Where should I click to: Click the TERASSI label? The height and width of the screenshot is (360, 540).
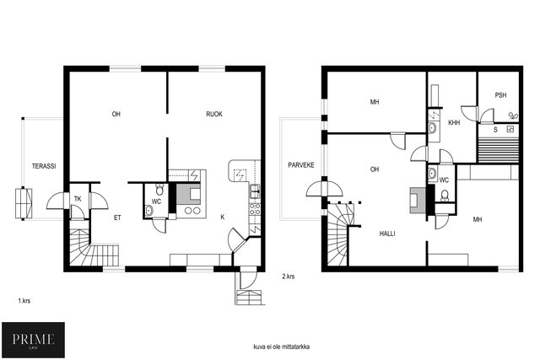44,166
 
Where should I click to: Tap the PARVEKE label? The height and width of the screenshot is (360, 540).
301,165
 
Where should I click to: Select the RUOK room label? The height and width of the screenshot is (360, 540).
214,114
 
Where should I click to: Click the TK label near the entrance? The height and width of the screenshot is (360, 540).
78,199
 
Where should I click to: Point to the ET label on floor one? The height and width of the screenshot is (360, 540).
117,218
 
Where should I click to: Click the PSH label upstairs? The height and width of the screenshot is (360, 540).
500,95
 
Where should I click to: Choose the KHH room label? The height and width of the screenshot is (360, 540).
454,122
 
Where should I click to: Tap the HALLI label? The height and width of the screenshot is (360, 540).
387,234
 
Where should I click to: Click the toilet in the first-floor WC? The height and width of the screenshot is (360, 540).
159,190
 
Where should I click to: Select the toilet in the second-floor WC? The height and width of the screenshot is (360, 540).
445,196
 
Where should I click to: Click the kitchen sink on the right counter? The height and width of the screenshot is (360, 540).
255,191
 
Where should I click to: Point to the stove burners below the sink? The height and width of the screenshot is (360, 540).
255,209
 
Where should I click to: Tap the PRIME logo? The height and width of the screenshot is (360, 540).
33,340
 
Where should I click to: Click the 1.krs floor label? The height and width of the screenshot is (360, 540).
24,301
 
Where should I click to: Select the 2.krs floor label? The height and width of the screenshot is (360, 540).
289,277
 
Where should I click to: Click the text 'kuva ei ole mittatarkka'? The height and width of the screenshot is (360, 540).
281,347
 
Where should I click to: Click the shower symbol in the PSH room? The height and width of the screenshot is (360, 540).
513,116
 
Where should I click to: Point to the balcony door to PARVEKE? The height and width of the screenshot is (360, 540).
324,190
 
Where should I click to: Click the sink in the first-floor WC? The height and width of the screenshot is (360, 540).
148,210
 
